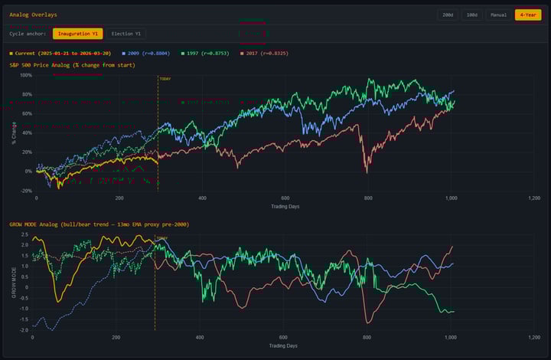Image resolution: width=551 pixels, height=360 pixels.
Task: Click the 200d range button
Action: [x=448, y=15]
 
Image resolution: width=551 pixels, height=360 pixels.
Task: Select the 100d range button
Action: [x=472, y=15]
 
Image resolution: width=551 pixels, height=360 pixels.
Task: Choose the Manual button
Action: [x=498, y=15]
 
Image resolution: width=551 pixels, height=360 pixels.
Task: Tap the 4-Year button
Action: [x=527, y=15]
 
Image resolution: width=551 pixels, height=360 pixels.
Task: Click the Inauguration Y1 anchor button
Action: [x=77, y=34]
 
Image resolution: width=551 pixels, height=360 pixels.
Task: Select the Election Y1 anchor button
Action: [x=126, y=34]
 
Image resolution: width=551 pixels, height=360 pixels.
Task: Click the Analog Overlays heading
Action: [x=33, y=15]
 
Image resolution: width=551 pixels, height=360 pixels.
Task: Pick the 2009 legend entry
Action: [x=145, y=54]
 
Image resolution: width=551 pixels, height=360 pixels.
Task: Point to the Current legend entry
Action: [x=61, y=54]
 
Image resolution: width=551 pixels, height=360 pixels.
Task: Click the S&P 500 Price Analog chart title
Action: [x=72, y=65]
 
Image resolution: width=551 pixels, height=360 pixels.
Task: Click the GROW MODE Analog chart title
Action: [x=99, y=224]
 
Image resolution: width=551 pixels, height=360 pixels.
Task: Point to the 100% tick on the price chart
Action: [x=25, y=75]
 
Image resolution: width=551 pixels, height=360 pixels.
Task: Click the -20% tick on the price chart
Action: [x=25, y=191]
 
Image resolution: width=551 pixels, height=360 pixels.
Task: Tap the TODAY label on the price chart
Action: [x=165, y=78]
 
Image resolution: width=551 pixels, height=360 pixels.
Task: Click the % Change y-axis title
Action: [x=14, y=133]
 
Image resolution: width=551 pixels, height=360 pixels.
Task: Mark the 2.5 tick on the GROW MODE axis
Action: [x=25, y=234]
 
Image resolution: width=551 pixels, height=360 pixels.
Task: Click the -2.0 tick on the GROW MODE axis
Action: [x=24, y=330]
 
